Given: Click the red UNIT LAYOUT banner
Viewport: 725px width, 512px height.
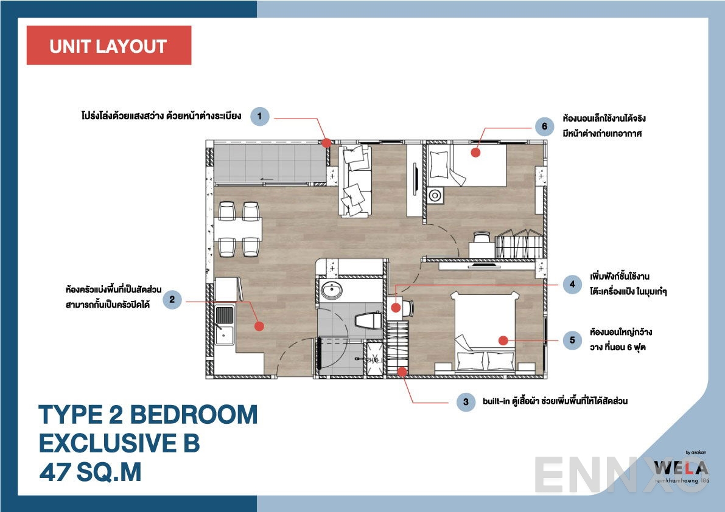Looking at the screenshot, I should pos(108,46).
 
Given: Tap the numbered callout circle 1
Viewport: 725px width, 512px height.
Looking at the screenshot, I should pos(260,116).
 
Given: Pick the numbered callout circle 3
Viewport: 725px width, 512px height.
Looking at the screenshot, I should pos(466,402).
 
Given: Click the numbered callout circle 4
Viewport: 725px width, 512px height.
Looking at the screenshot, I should pos(572,285).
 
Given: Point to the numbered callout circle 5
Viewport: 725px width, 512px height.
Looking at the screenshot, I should pos(572,341).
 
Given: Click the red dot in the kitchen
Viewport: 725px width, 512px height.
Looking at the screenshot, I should pos(259,326).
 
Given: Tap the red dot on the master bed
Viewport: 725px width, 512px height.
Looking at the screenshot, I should pos(502,340).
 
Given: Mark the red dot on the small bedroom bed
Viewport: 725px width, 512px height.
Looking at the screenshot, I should pos(475,153).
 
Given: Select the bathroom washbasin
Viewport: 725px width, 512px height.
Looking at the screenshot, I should pos(332,290).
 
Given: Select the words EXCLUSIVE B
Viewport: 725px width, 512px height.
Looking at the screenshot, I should pos(119,443).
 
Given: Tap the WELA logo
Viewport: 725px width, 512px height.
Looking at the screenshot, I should pos(681,469).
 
